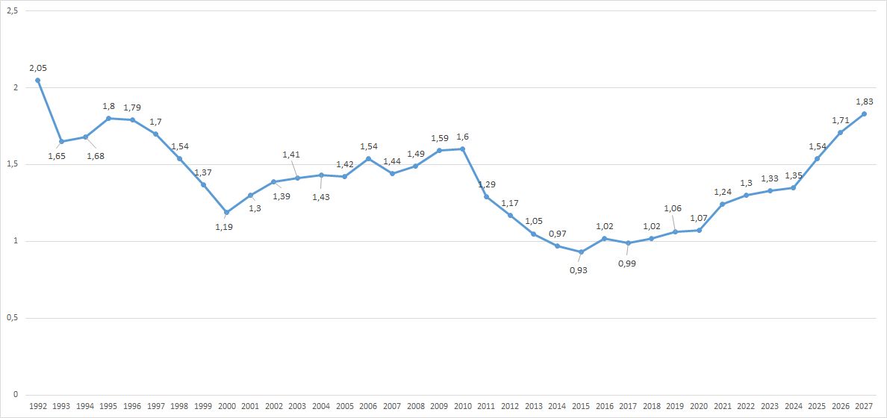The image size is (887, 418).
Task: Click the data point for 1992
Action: click(37, 80)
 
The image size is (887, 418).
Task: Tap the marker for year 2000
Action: click(226, 212)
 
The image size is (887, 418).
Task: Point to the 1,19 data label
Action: click(224, 227)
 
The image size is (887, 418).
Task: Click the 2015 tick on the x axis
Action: click(580, 406)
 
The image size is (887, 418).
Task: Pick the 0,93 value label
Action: click(578, 270)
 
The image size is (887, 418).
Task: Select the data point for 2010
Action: click(463, 149)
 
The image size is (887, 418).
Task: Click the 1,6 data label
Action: click(462, 137)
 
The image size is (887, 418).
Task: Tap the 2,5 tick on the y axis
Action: click(12, 11)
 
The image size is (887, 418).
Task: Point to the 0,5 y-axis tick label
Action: click(12, 318)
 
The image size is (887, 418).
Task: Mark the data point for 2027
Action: click(864, 113)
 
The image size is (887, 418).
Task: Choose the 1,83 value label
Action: click(863, 102)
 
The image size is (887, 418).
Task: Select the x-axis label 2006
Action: click(368, 406)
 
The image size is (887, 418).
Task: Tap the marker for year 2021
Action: click(722, 205)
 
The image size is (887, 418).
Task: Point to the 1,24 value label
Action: click(722, 192)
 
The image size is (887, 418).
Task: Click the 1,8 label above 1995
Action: click(108, 106)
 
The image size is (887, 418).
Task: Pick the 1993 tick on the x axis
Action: click(61, 406)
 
